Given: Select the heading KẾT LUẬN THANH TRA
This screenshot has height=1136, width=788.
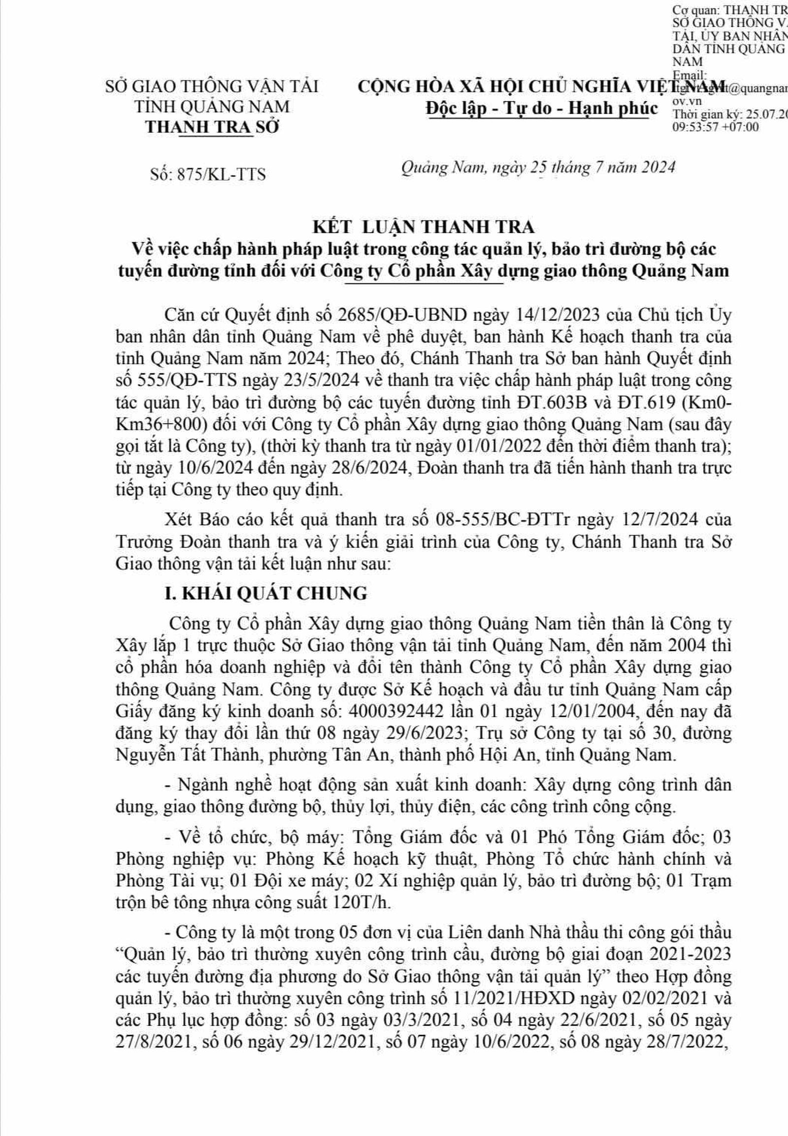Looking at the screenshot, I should click(424, 227).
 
